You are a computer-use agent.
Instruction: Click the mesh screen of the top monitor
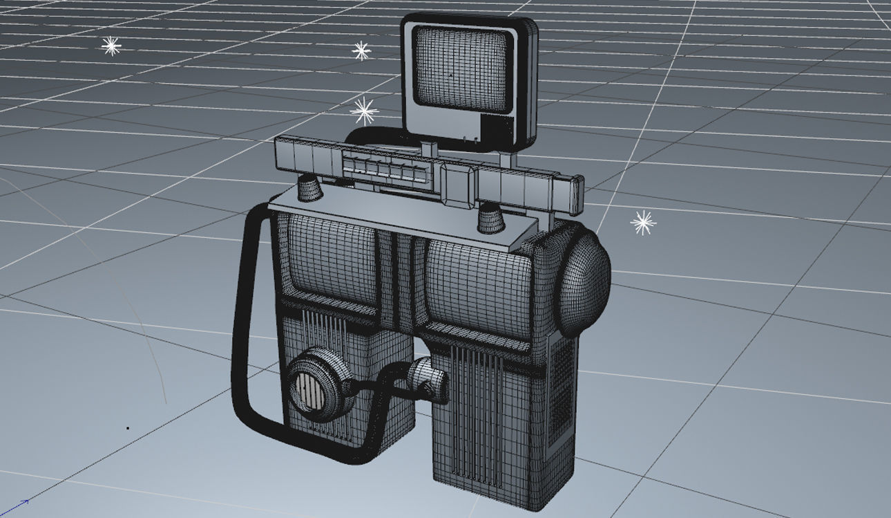point(463,69)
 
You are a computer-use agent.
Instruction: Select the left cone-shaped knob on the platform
point(310,187)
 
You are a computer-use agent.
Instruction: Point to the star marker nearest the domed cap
point(643,223)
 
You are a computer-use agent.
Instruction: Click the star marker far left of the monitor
point(111,46)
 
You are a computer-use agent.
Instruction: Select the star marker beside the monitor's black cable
point(364,111)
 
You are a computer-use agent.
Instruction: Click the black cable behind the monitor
point(366,134)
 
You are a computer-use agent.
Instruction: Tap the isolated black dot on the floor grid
point(128,428)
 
